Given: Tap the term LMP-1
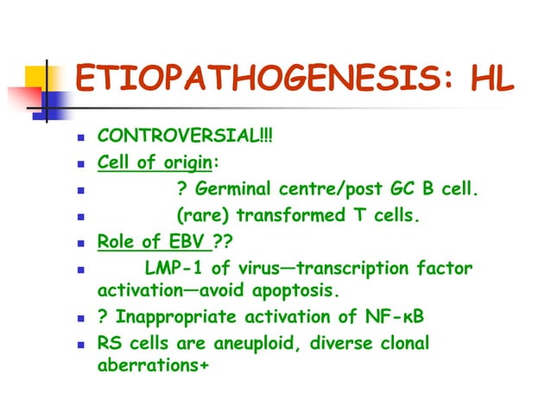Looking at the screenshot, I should pyautogui.click(x=178, y=269).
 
